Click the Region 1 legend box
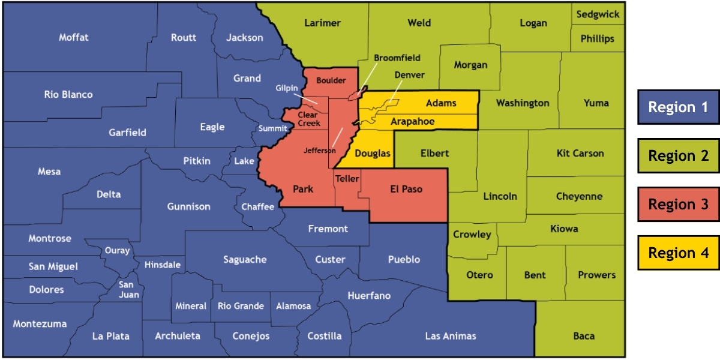pos(678,107)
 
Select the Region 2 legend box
pos(678,156)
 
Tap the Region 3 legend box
pos(678,205)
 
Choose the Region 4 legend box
pos(678,253)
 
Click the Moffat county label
pos(74,37)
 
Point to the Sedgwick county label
pos(598,14)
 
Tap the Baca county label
pos(583,336)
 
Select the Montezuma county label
pos(40,323)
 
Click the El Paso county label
pos(406,189)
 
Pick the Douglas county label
pos(372,154)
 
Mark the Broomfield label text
pos(397,58)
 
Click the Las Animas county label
pos(450,336)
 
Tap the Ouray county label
pos(117,251)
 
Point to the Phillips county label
pos(597,39)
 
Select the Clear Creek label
pos(308,119)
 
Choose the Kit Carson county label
pos(580,153)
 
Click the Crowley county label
pos(472,235)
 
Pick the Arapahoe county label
pos(412,122)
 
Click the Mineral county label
pos(191,306)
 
